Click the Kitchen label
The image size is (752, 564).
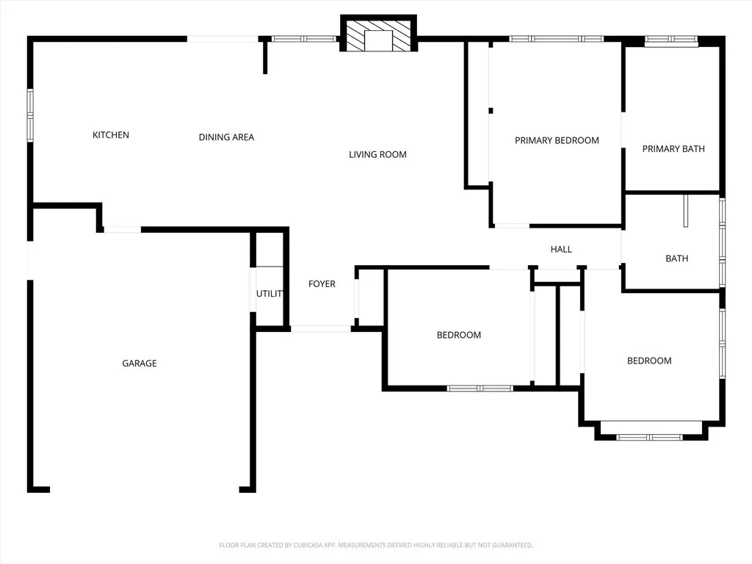(111, 135)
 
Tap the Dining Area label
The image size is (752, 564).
(226, 137)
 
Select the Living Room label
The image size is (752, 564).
(377, 154)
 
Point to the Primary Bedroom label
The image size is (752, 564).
(557, 140)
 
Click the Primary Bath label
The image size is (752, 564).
(673, 149)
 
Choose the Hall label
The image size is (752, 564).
(561, 250)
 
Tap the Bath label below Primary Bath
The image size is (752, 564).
(676, 258)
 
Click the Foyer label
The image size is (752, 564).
(322, 284)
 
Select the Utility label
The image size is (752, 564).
(270, 294)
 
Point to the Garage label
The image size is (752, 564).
(140, 364)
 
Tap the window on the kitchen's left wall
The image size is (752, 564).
(30, 115)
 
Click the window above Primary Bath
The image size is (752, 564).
(671, 41)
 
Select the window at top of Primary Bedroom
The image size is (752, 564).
(557, 38)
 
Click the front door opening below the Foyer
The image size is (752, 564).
(321, 328)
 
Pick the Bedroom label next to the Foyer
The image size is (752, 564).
(459, 335)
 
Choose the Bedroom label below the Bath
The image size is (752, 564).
(649, 361)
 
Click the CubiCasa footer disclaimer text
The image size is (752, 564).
(376, 545)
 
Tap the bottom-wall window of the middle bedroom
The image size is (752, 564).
(480, 388)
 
